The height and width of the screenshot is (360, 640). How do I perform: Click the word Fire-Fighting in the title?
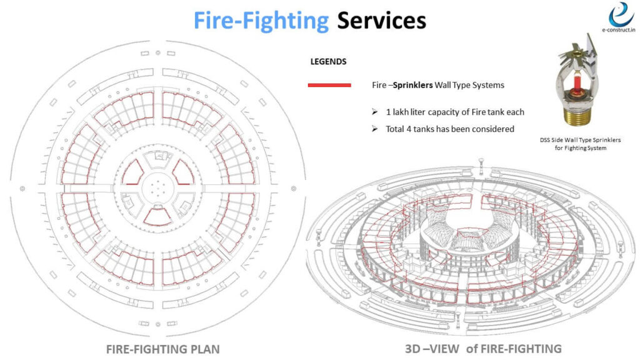(x=261, y=21)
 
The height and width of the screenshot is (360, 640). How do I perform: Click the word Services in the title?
(x=382, y=21)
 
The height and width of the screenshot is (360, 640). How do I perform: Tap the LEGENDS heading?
(x=329, y=62)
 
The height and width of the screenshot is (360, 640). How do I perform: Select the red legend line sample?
(x=329, y=85)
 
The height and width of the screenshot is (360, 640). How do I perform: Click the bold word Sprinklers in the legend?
(x=409, y=85)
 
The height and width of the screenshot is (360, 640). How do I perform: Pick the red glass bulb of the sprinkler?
(x=577, y=84)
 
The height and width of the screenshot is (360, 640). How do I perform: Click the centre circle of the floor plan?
(x=158, y=185)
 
